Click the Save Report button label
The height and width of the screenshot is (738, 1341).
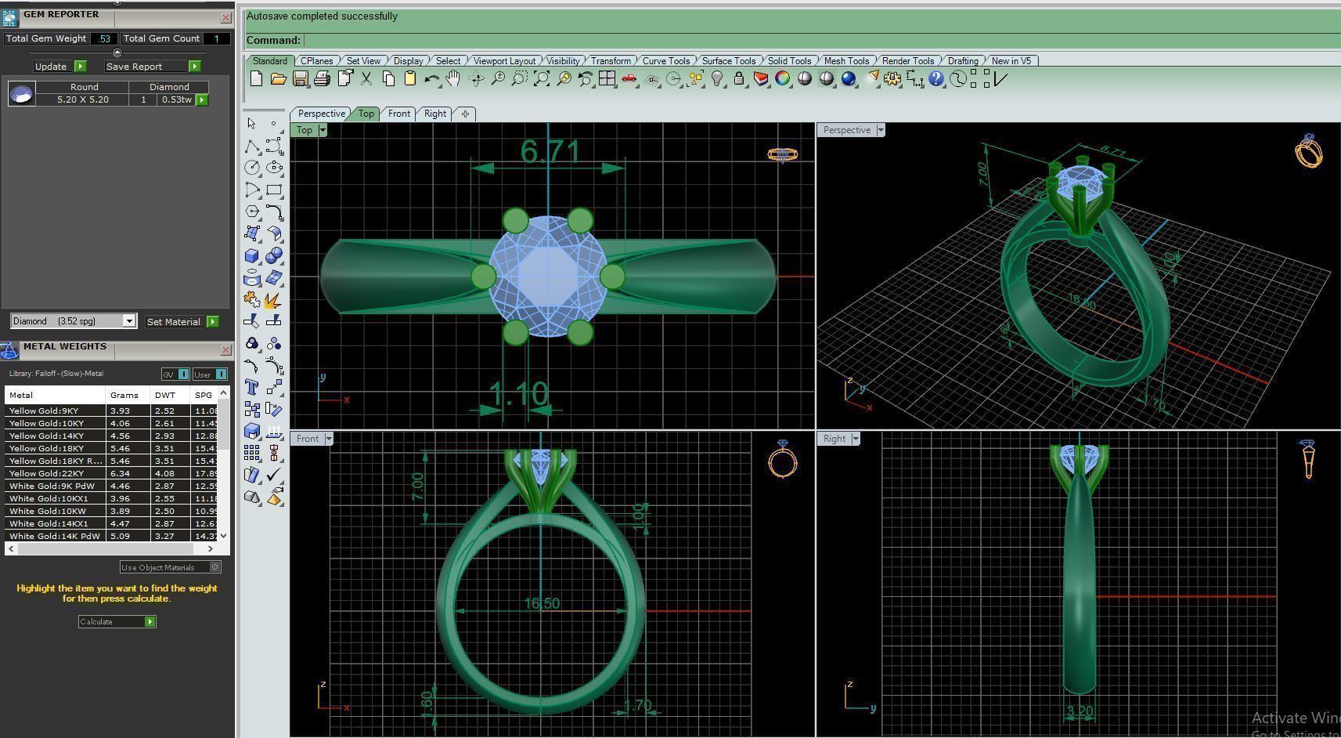pyautogui.click(x=135, y=67)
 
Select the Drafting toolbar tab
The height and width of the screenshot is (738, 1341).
pyautogui.click(x=963, y=61)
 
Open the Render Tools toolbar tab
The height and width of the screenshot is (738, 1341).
pyautogui.click(x=908, y=61)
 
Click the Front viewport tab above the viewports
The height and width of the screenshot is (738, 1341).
pyautogui.click(x=399, y=114)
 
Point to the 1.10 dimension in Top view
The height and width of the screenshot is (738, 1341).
pyautogui.click(x=517, y=394)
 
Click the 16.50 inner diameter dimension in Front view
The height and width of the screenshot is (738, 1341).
pyautogui.click(x=542, y=603)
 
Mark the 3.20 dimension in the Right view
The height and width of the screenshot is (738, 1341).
pyautogui.click(x=1080, y=711)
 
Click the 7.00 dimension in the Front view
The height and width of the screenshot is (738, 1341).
pyautogui.click(x=417, y=487)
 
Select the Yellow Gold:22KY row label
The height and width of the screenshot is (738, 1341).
pyautogui.click(x=46, y=473)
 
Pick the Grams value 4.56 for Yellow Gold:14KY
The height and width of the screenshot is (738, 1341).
pyautogui.click(x=120, y=436)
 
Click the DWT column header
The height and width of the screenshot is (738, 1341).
pyautogui.click(x=164, y=396)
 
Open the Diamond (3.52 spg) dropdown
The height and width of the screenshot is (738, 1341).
pyautogui.click(x=129, y=321)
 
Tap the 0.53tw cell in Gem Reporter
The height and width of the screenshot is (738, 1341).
pyautogui.click(x=177, y=99)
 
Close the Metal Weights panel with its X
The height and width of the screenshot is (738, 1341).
pyautogui.click(x=225, y=350)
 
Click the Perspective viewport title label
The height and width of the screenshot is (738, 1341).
pyautogui.click(x=846, y=130)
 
